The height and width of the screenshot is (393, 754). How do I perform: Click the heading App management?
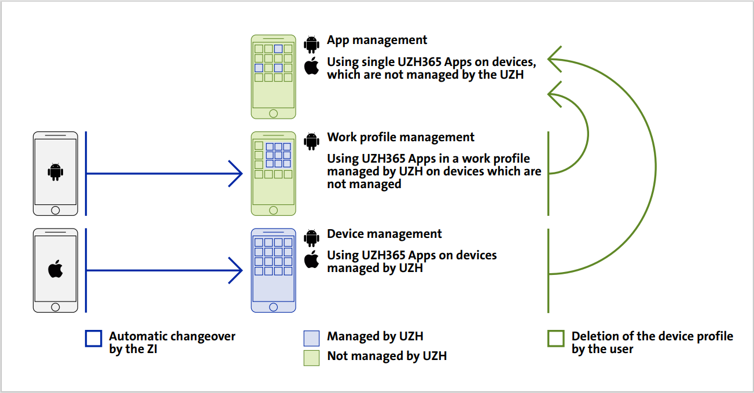377,40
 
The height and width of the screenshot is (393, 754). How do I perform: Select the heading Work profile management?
400,137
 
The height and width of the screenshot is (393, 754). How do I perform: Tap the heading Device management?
384,234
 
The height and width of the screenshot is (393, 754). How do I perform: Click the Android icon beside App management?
312,44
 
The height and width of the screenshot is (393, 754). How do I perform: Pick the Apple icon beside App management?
312,66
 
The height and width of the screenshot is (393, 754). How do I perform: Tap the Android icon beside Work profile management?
312,141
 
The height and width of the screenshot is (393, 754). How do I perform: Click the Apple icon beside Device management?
312,259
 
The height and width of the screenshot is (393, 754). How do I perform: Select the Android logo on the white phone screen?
56,172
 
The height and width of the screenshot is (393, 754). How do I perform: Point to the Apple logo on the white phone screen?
56,269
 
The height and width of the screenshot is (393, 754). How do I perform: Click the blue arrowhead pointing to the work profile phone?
236,173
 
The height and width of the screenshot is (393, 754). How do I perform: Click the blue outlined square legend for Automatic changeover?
93,339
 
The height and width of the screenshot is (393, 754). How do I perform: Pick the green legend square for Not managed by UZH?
311,358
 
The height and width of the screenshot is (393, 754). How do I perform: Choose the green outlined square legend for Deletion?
556,339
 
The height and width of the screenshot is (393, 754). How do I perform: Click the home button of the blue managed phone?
274,307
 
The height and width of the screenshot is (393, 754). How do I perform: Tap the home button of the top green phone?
274,113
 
